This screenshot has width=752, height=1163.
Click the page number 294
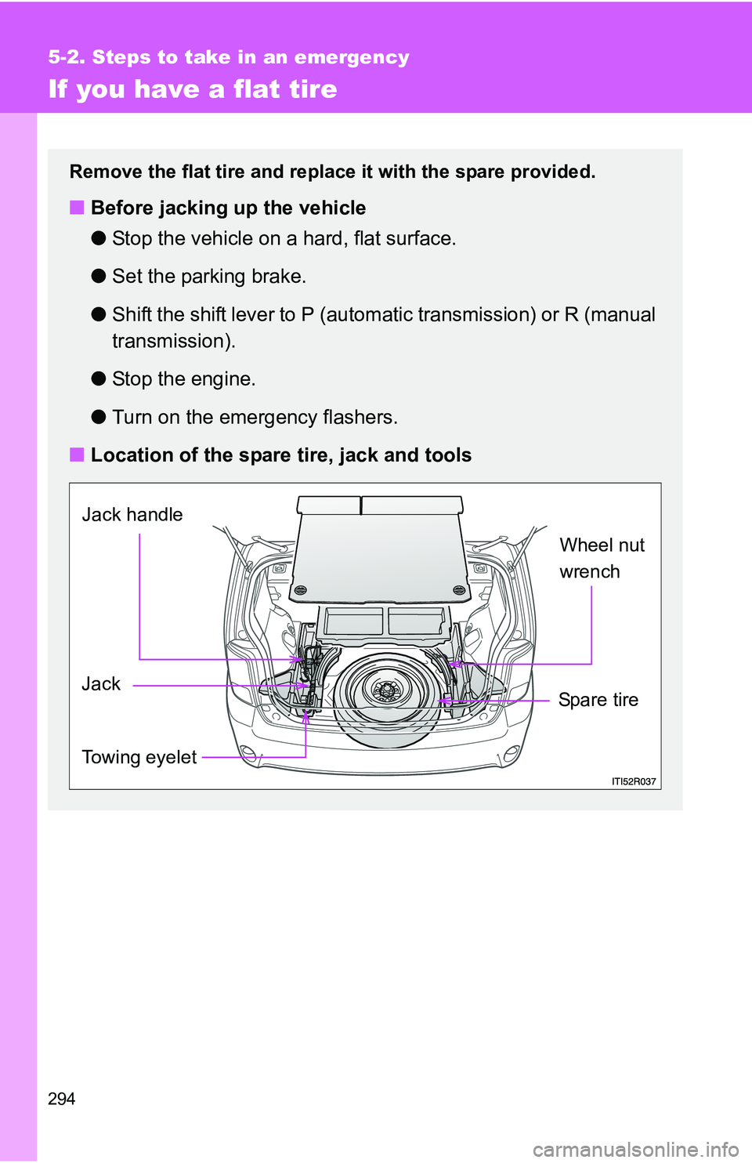(62, 1099)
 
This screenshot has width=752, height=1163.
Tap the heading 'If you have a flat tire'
(193, 89)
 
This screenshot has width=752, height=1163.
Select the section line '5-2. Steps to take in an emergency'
(229, 57)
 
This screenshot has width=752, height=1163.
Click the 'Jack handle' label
(132, 515)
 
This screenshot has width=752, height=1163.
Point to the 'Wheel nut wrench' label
(602, 558)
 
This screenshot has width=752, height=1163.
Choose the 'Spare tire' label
(598, 700)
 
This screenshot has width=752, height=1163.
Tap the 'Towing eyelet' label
(139, 757)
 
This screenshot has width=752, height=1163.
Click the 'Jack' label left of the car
(101, 684)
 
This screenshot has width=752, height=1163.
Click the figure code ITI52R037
(634, 781)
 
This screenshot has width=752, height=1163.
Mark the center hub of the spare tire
(386, 691)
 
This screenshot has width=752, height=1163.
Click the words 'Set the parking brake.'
(208, 277)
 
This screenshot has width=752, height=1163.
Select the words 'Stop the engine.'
(183, 379)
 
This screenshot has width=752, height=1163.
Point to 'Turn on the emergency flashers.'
(255, 418)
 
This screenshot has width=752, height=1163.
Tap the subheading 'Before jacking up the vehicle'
(228, 208)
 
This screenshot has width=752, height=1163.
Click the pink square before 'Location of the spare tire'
(77, 455)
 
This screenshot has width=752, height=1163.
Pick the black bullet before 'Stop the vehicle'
(98, 238)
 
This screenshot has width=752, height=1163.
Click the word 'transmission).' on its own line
(173, 342)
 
